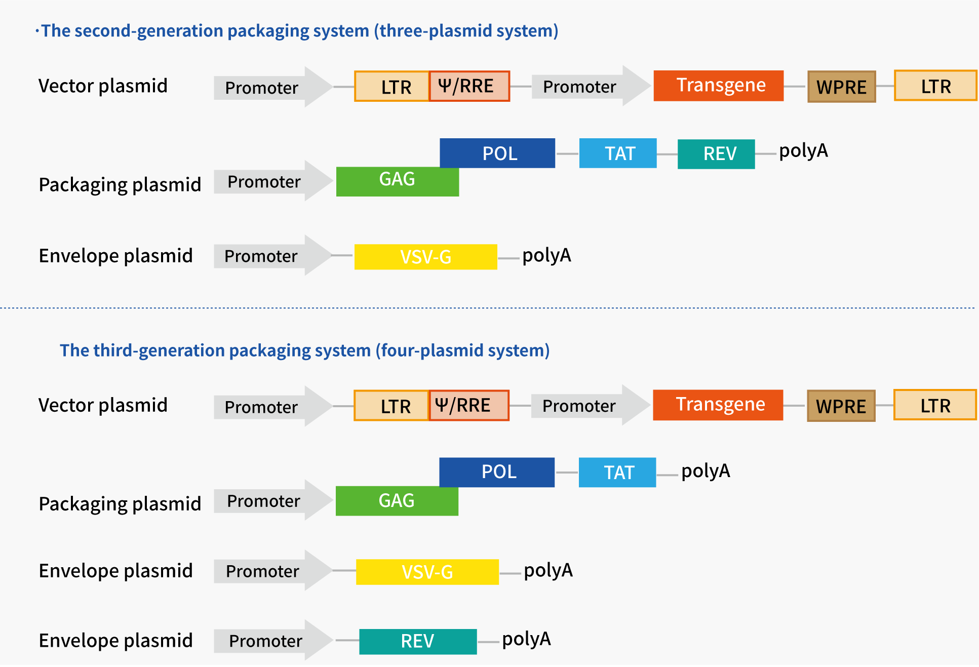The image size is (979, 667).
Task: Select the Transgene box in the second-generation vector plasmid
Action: pos(718,86)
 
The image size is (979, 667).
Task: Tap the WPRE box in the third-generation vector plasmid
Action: pos(841,406)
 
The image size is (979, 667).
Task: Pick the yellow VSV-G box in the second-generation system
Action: pos(425,257)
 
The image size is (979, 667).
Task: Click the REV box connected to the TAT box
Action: pos(716,154)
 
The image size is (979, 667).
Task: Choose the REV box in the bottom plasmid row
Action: pos(418,641)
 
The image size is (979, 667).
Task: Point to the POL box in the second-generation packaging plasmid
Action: pos(497,152)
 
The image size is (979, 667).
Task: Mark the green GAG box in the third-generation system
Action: pos(397,501)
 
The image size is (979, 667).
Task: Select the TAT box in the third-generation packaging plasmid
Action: pos(617,473)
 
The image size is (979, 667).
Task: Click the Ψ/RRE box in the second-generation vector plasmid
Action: pos(469,86)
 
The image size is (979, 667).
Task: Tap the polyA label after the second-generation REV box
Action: pos(803,151)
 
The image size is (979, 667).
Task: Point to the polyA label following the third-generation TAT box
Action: pos(706,471)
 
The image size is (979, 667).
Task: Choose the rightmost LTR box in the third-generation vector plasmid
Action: pos(935,405)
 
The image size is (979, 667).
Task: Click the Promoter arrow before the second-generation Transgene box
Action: pos(588,87)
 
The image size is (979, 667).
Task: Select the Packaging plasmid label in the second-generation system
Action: pos(120,185)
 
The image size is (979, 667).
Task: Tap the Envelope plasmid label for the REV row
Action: pos(116,641)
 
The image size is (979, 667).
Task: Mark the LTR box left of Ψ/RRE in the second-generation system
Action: pos(392,87)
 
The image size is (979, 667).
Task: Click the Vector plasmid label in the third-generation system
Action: pos(103,405)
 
